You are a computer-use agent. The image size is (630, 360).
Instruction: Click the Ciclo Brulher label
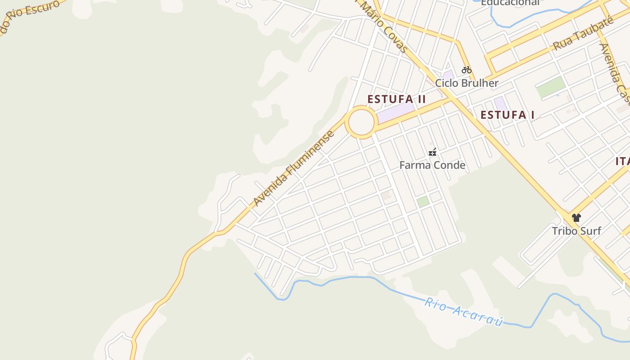(x=467, y=83)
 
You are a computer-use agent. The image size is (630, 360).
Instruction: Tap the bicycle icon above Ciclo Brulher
(x=467, y=70)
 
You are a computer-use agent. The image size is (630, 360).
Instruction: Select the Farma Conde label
(x=432, y=165)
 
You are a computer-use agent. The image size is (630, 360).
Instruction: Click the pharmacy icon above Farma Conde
(x=432, y=153)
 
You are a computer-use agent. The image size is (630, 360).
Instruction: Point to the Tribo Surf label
(x=576, y=231)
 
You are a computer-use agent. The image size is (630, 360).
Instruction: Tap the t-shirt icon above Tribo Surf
(x=576, y=218)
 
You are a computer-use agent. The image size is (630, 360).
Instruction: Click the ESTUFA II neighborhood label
(x=396, y=99)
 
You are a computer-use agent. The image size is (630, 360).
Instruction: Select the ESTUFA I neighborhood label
(x=507, y=115)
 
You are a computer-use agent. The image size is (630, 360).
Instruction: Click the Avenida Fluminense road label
(x=294, y=169)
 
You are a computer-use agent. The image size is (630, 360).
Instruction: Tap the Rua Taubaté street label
(x=583, y=35)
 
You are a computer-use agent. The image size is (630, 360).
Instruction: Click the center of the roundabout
(x=361, y=122)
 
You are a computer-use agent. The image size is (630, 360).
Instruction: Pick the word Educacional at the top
(x=510, y=3)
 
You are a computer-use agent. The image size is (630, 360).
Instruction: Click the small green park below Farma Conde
(x=423, y=202)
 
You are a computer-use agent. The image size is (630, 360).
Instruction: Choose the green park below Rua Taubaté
(x=551, y=87)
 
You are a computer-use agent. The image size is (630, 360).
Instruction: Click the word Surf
(x=590, y=231)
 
